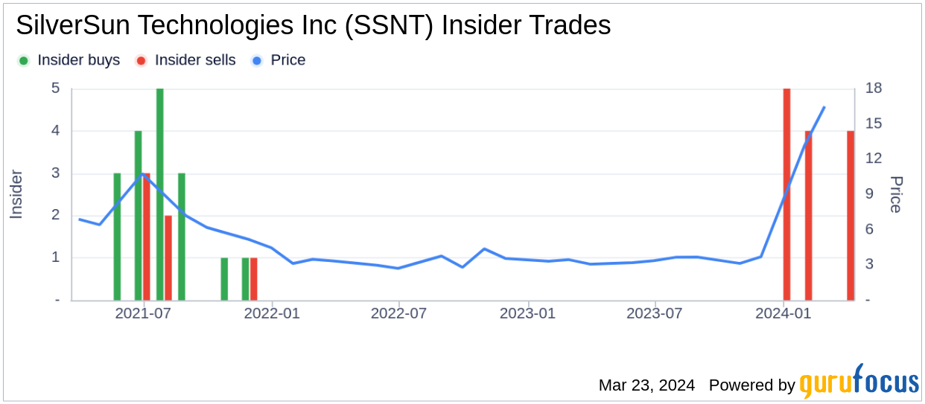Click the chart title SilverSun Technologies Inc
[313, 25]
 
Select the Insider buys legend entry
[70, 60]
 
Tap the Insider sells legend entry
[186, 60]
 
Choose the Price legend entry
[279, 60]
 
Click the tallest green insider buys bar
[160, 193]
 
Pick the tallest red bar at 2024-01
[786, 193]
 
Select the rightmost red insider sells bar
[851, 216]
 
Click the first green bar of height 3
[117, 237]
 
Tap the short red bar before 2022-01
[254, 279]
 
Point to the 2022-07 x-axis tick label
[399, 313]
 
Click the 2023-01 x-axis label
[527, 313]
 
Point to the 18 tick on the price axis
[874, 89]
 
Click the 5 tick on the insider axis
[56, 89]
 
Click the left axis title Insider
[16, 194]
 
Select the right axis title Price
[896, 194]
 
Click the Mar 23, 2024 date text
[646, 385]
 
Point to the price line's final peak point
[824, 107]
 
